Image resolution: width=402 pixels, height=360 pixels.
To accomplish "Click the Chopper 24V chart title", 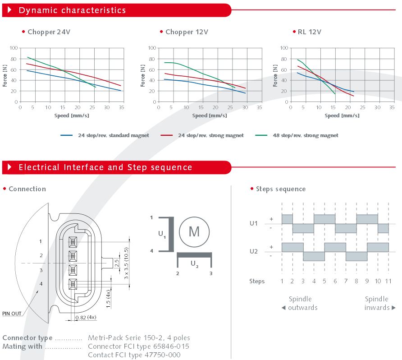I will coord(49,32).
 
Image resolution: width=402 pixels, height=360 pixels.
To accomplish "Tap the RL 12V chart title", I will coord(309,32).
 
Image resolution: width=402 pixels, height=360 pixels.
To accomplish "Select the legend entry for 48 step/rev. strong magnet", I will coord(305,135).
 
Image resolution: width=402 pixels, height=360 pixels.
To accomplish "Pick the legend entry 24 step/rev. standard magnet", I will coord(113,135).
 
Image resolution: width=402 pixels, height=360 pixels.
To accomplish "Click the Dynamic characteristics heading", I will coord(72,10).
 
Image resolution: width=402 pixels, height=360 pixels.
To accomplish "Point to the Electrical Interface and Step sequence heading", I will coord(105,167).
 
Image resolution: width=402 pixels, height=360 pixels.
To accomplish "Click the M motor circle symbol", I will coord(194,231).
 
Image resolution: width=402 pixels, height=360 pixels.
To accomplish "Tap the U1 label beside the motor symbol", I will coord(162,234).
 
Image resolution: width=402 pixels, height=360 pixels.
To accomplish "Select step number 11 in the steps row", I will coord(388,281).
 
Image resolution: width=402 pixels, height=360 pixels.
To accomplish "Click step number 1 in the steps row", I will coord(282,281).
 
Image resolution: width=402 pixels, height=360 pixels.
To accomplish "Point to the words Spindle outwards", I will coord(300,303).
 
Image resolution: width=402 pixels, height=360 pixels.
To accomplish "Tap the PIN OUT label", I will coord(12,314).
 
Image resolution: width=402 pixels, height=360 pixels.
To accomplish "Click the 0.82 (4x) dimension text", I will coord(86,318).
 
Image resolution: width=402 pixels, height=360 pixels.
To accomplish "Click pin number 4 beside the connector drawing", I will coord(41,284).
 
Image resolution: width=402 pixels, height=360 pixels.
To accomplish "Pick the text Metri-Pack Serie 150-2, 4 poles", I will coord(139,338).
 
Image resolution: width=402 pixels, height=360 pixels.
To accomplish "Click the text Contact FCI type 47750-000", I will coord(134,355).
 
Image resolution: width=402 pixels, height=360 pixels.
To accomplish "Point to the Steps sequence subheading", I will coord(280,189).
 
